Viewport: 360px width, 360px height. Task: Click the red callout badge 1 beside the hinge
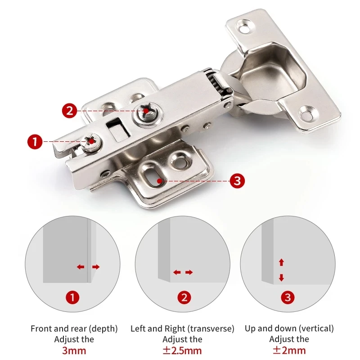click(x=35, y=142)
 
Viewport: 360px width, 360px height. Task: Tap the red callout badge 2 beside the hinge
click(x=69, y=110)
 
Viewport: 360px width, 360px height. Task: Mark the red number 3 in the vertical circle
click(x=288, y=297)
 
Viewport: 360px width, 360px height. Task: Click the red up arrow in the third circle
click(x=282, y=262)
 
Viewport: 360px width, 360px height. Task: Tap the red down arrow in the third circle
click(x=282, y=278)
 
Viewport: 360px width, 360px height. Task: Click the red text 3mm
click(x=74, y=350)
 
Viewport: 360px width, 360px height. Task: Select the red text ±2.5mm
click(x=182, y=350)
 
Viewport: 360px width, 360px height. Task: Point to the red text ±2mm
click(x=289, y=350)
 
